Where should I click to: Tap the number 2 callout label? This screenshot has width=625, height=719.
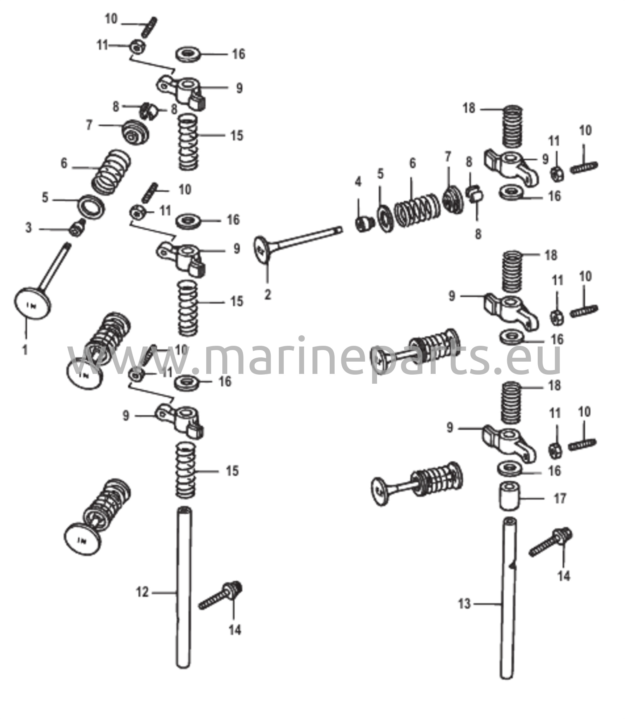pos(268,294)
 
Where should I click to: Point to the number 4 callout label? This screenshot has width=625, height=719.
pos(358,182)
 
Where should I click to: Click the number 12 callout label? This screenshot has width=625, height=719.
pos(142,592)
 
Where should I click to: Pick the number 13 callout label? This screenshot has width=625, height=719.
pos(464,604)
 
